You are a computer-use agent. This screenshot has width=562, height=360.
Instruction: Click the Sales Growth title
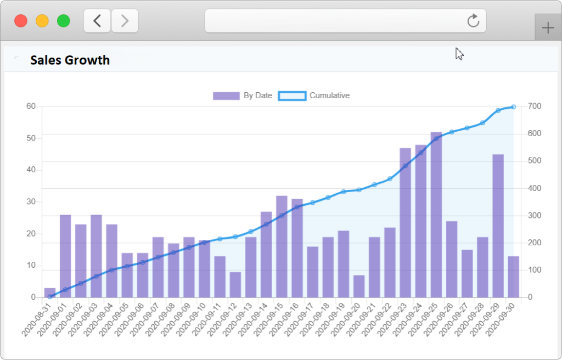(70, 60)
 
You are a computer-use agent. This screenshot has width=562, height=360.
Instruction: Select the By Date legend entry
(243, 95)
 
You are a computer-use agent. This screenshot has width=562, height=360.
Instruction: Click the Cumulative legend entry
(314, 95)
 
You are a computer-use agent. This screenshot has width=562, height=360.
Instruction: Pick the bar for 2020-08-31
(50, 292)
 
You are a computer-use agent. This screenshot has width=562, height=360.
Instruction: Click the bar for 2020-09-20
(359, 286)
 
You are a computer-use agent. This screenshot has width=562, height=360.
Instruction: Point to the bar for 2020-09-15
(282, 246)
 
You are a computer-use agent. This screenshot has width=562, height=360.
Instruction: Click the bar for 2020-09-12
(235, 284)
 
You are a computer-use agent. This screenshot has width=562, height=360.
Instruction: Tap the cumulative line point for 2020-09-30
(513, 107)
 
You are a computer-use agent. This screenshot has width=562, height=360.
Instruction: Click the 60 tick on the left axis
(31, 106)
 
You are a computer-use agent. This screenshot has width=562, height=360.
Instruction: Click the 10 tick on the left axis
(31, 266)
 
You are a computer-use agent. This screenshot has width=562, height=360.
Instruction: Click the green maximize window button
(64, 21)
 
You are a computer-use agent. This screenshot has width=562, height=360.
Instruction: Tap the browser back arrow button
(97, 21)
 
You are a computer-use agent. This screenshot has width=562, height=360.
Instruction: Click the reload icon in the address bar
(473, 21)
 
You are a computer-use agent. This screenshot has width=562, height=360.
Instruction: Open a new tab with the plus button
(548, 28)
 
